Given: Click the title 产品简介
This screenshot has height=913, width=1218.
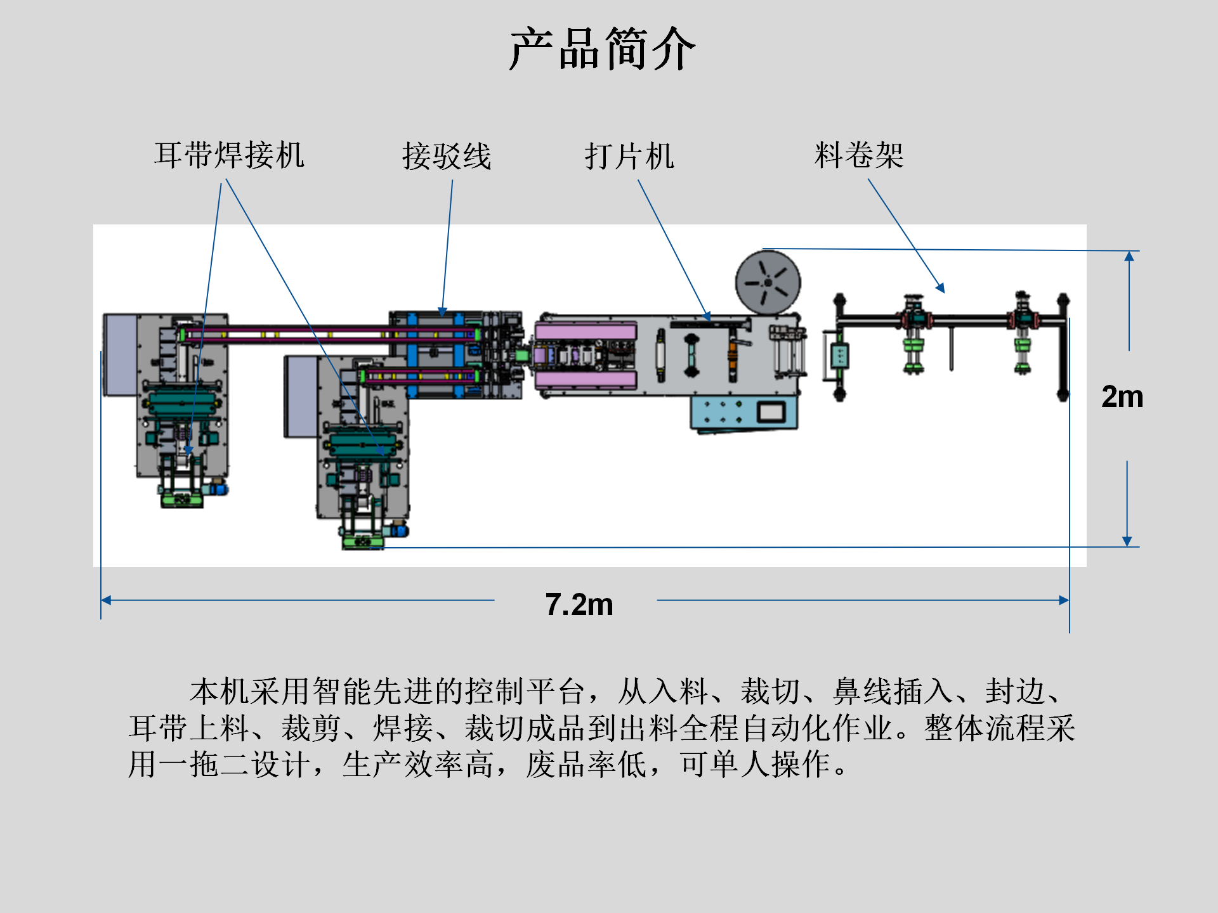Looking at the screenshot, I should [x=603, y=49].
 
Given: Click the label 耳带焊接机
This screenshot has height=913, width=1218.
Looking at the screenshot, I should [x=229, y=155].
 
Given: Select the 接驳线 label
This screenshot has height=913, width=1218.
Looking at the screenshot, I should [x=447, y=156].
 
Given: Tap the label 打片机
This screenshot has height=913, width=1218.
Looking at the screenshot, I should [x=629, y=156].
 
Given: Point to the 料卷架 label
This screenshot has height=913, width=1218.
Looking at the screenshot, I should [x=859, y=155].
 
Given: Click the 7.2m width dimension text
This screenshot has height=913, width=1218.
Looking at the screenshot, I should [x=579, y=604].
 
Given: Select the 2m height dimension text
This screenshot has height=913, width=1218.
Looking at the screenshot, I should [x=1122, y=397].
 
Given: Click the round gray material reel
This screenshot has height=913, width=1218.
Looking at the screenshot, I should [x=768, y=282].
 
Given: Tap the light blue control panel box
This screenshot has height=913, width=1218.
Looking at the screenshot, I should [x=723, y=412].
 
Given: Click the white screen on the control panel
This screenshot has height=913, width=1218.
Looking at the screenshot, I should [x=771, y=412].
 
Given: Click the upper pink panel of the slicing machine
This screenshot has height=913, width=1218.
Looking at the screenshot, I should [x=585, y=331].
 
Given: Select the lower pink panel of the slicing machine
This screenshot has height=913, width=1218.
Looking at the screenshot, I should [x=585, y=380].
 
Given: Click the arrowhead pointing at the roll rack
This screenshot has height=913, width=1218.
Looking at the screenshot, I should [x=941, y=288].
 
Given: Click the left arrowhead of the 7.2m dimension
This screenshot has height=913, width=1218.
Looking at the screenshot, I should [x=106, y=600].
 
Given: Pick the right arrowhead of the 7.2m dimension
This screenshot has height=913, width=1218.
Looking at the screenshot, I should [x=1064, y=600].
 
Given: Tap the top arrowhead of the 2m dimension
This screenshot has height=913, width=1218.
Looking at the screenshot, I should [x=1129, y=256].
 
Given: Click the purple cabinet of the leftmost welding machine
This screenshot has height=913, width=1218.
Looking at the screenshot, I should [x=120, y=355].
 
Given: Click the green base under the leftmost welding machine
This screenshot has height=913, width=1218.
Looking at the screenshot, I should [x=182, y=500].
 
